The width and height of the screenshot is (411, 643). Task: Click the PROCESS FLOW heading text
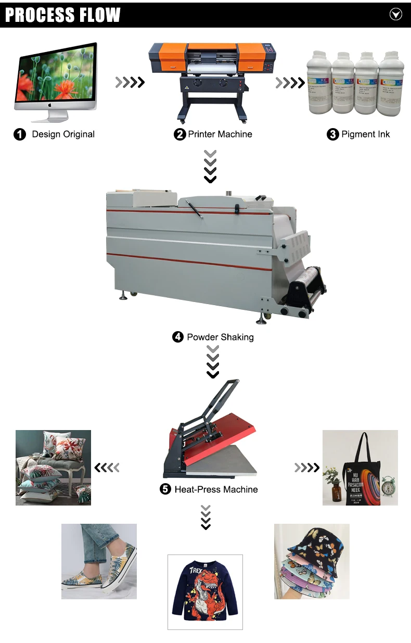[62, 15]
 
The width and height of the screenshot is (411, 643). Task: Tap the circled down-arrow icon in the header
[396, 15]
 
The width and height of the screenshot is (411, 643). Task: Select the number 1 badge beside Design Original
[19, 134]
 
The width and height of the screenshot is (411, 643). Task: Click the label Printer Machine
[220, 134]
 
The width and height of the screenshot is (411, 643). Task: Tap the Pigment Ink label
[365, 134]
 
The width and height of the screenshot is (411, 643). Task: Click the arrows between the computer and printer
[130, 82]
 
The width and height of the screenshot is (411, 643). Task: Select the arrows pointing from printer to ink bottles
[290, 82]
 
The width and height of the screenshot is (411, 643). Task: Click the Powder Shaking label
[220, 337]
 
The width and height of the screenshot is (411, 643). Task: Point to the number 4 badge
[178, 337]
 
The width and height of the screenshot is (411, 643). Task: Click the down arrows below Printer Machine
[210, 167]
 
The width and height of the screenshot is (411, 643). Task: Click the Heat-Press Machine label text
[216, 489]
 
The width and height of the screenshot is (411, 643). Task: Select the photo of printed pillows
[53, 468]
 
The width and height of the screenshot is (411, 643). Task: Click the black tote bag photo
[360, 468]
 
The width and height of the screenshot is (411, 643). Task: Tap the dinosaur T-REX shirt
[205, 592]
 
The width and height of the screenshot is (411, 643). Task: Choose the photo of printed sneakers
[99, 561]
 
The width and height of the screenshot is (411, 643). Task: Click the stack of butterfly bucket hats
[312, 561]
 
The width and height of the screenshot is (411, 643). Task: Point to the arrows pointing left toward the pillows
[107, 468]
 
